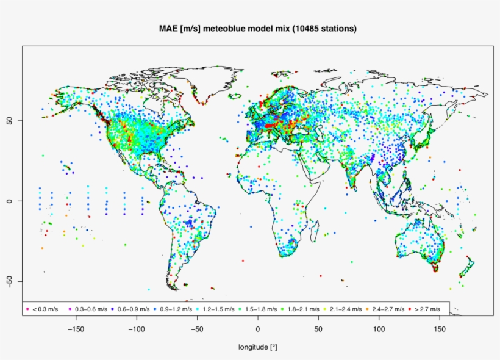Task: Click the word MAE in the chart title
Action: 168,29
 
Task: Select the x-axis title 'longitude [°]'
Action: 257,347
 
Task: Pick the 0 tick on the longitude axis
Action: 258,328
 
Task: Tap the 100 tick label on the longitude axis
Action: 379,328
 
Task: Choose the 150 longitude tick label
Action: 440,328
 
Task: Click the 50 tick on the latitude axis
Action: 10,120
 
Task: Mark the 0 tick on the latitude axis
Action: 10,201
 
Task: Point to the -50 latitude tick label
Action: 10,281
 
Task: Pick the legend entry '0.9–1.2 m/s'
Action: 176,309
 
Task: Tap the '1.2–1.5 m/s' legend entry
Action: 218,309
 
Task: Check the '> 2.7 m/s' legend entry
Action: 427,309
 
